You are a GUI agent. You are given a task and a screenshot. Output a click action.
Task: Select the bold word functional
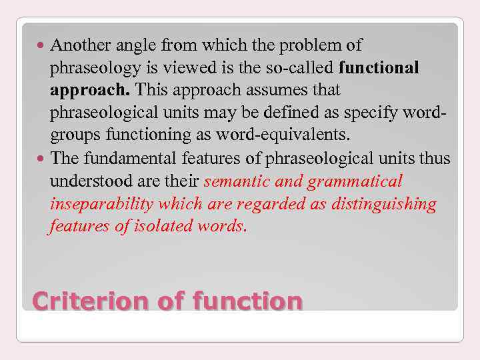(379, 67)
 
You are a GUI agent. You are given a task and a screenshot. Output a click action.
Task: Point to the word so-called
(302, 67)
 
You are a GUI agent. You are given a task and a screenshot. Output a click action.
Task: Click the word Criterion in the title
(91, 301)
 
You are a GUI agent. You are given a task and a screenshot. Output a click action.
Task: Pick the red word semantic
(236, 181)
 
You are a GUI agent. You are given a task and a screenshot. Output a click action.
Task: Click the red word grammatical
(363, 181)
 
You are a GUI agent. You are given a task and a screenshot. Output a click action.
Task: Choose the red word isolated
(162, 226)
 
